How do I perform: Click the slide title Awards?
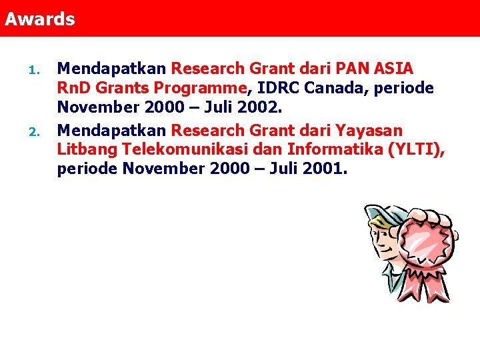40,19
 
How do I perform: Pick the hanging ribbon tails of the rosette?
425,284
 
